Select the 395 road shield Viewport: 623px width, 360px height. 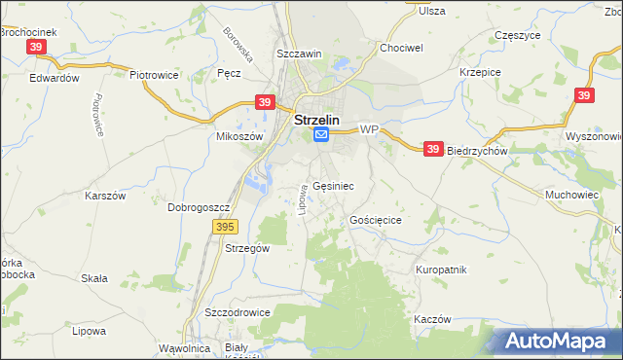click(225, 227)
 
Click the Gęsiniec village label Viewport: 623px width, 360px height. click(334, 185)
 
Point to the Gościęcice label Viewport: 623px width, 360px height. click(376, 221)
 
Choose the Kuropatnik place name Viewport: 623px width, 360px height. click(442, 269)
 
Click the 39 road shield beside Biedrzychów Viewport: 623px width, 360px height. click(434, 149)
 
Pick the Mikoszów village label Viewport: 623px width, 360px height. click(239, 137)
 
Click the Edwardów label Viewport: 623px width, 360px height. click(54, 78)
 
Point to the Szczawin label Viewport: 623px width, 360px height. click(299, 54)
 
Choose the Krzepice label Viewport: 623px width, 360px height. click(479, 72)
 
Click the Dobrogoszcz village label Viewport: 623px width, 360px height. click(198, 207)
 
